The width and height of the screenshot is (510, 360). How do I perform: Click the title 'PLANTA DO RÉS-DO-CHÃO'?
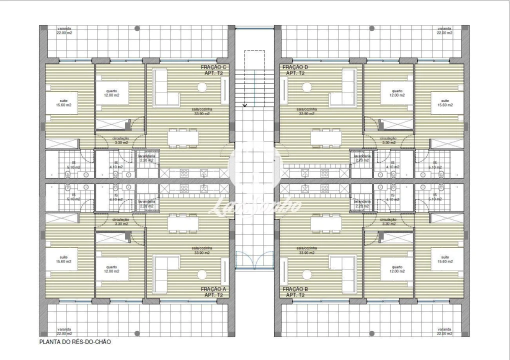[75, 342]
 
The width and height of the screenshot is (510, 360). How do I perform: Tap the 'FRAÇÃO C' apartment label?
[214, 67]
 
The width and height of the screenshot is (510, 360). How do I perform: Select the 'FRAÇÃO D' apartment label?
[295, 67]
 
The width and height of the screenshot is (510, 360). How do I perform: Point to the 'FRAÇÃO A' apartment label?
[214, 289]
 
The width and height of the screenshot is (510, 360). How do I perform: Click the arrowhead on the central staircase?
[245, 105]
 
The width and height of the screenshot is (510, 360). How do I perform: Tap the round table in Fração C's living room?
[202, 87]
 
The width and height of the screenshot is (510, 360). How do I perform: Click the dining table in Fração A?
[183, 223]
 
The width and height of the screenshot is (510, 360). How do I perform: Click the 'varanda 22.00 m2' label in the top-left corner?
[64, 31]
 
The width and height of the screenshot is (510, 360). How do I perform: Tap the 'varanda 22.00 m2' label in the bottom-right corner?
[444, 331]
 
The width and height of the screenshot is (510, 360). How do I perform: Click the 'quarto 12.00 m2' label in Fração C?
[111, 93]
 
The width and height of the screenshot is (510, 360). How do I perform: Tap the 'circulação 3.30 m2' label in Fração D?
[388, 140]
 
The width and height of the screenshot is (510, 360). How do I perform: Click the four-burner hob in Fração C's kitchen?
[184, 173]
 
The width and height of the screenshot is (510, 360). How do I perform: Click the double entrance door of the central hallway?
[254, 260]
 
